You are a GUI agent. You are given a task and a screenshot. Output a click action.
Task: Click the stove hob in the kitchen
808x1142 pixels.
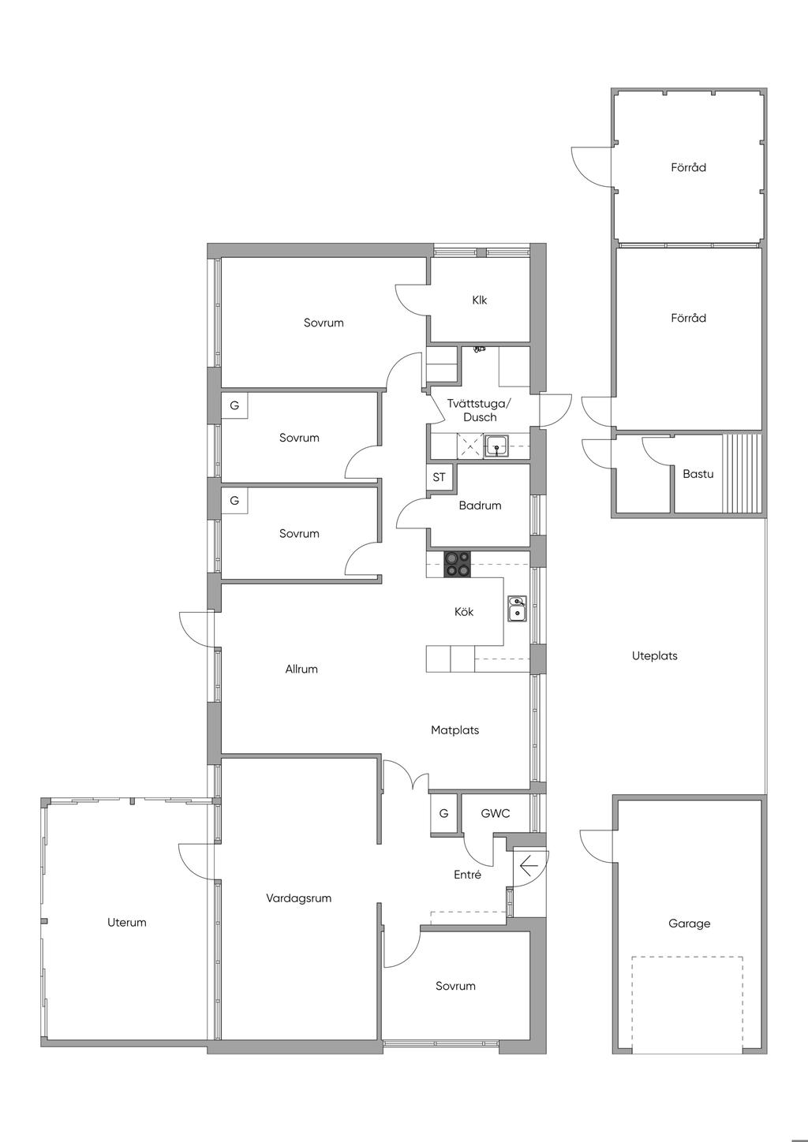pos(457,565)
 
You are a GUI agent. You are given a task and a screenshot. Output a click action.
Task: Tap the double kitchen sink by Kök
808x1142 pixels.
pos(517,609)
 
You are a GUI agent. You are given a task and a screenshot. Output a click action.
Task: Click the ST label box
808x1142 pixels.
pos(440,477)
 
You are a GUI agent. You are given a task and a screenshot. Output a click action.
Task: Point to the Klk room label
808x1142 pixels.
pos(480,300)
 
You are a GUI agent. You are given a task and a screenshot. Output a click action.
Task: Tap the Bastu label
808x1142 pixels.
pos(698,474)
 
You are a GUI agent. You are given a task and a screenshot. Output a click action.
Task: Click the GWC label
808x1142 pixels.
pos(496,813)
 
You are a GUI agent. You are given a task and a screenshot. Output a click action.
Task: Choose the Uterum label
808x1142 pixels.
pos(126,922)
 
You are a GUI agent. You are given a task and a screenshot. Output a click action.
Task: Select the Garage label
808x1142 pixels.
pos(689,924)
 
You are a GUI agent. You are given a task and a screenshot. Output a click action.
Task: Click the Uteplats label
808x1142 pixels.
pos(654,655)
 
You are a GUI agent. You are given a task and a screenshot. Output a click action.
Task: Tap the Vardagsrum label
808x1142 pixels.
pos(298,898)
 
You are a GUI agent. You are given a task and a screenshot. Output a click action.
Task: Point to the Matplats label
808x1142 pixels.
pos(455,730)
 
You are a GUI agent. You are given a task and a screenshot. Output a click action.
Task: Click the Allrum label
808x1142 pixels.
pos(301,669)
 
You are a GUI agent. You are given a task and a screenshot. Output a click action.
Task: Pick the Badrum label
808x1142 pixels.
pos(480,506)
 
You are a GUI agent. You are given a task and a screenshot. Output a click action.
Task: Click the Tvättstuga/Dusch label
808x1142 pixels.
pos(480,410)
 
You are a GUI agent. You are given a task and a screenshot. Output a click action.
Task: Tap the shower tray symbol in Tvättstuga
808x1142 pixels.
pos(469,446)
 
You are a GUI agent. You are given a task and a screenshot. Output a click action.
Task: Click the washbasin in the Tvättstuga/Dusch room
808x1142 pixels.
pos(496,446)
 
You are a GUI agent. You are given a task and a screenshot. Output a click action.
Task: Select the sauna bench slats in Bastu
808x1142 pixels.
pos(742,474)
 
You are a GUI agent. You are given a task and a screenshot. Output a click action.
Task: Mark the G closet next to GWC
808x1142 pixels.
pos(443,813)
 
